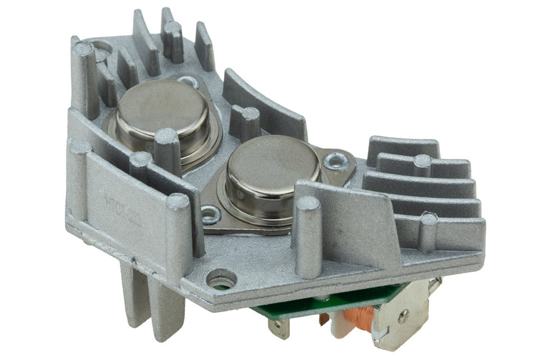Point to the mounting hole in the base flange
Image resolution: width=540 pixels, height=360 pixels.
pyautogui.click(x=220, y=278)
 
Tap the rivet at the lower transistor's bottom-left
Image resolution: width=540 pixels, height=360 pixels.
pyautogui.click(x=211, y=213)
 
